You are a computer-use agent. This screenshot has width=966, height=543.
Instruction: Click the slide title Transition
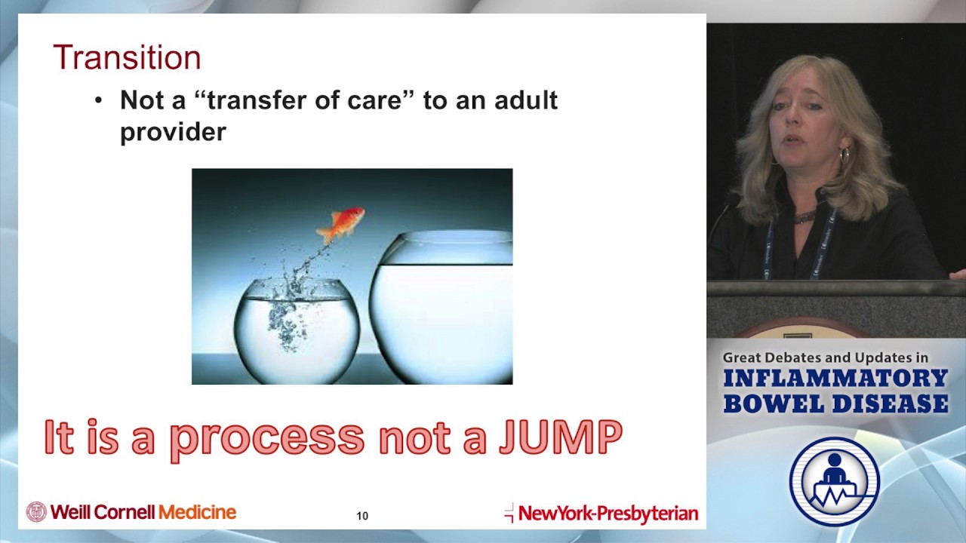(x=127, y=58)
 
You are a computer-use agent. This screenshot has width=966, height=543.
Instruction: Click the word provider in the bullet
(x=173, y=132)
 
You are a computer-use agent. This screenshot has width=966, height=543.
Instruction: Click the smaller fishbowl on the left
(x=297, y=332)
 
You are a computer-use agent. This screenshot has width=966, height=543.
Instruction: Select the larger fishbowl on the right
(x=441, y=309)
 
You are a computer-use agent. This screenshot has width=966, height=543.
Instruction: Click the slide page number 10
(x=362, y=516)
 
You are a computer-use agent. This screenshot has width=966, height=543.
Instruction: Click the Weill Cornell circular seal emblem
(x=36, y=512)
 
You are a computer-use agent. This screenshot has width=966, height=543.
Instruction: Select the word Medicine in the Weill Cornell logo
(x=197, y=512)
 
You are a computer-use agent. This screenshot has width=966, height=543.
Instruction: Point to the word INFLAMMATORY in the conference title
(x=835, y=379)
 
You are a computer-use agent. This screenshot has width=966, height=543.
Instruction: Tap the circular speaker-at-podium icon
(x=835, y=481)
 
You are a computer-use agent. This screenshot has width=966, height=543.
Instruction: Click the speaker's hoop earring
(x=844, y=157)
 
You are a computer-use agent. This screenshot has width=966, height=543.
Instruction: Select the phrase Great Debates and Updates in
(x=825, y=357)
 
